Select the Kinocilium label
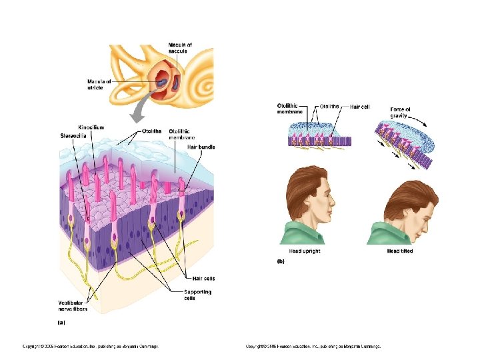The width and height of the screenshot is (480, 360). click(x=91, y=127)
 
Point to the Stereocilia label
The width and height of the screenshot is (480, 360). click(x=73, y=136)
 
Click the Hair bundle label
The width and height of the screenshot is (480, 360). click(x=201, y=147)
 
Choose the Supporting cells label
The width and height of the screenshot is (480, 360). click(x=198, y=295)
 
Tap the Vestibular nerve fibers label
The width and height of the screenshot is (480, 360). click(x=72, y=306)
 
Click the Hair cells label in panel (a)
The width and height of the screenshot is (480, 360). click(x=203, y=279)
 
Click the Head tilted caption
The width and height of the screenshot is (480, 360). click(x=403, y=251)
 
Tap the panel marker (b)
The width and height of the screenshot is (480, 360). click(x=281, y=262)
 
